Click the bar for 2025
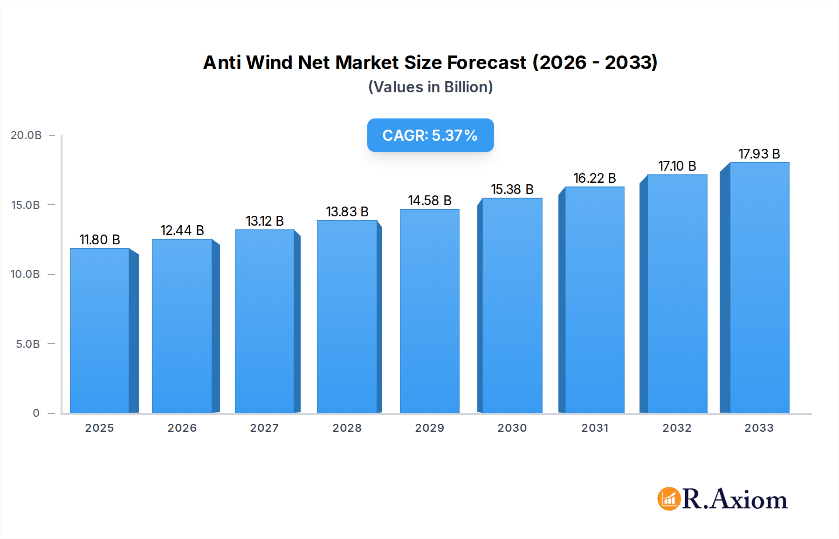[x=100, y=331]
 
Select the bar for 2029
[x=429, y=311]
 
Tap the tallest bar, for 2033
[x=759, y=288]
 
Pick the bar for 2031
[x=594, y=300]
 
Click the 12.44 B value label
[x=182, y=230]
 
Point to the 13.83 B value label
[x=347, y=212]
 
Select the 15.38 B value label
[x=512, y=189]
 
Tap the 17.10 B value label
[x=677, y=166]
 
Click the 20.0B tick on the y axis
[x=26, y=135]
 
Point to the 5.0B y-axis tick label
[x=28, y=344]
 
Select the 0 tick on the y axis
[x=36, y=413]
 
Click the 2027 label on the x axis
[x=264, y=428]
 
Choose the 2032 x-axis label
[x=677, y=428]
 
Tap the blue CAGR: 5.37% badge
[x=430, y=135]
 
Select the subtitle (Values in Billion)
[x=430, y=87]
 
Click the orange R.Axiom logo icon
[x=669, y=499]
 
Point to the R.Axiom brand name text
[x=735, y=499]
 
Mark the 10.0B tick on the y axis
[x=25, y=274]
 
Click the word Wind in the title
[x=269, y=62]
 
